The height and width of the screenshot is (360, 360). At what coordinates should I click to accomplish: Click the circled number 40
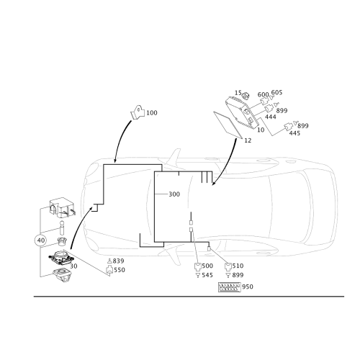(x=41, y=240)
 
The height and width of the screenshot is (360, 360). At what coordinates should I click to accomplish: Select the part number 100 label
(x=152, y=113)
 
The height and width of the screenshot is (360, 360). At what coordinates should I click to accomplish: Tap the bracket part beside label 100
(x=138, y=112)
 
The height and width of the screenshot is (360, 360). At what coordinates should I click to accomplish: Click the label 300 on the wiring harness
(x=174, y=194)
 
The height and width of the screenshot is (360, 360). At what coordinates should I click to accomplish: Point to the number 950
(x=248, y=287)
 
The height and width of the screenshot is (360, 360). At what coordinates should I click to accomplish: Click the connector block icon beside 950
(x=229, y=287)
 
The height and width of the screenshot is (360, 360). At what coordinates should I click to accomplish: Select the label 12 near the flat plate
(x=248, y=140)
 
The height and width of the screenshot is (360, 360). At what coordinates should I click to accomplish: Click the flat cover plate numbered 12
(x=228, y=125)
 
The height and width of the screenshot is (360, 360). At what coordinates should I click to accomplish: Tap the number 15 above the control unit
(x=238, y=93)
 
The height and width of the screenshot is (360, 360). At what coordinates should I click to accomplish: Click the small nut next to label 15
(x=246, y=96)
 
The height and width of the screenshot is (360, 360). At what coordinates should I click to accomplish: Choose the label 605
(x=276, y=92)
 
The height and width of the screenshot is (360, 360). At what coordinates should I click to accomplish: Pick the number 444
(x=271, y=117)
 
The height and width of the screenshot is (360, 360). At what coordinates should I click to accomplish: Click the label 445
(x=294, y=133)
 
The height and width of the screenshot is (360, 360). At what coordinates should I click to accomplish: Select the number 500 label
(x=207, y=266)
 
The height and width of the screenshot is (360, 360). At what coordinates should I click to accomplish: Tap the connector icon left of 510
(x=228, y=266)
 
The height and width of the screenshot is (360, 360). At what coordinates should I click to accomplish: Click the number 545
(x=207, y=275)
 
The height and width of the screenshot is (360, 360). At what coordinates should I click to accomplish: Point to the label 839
(x=118, y=261)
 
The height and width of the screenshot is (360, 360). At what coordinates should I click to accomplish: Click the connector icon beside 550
(x=109, y=270)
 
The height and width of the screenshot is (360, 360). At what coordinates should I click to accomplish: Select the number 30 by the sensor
(x=73, y=266)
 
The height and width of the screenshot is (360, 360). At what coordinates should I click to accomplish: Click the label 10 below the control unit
(x=261, y=130)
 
